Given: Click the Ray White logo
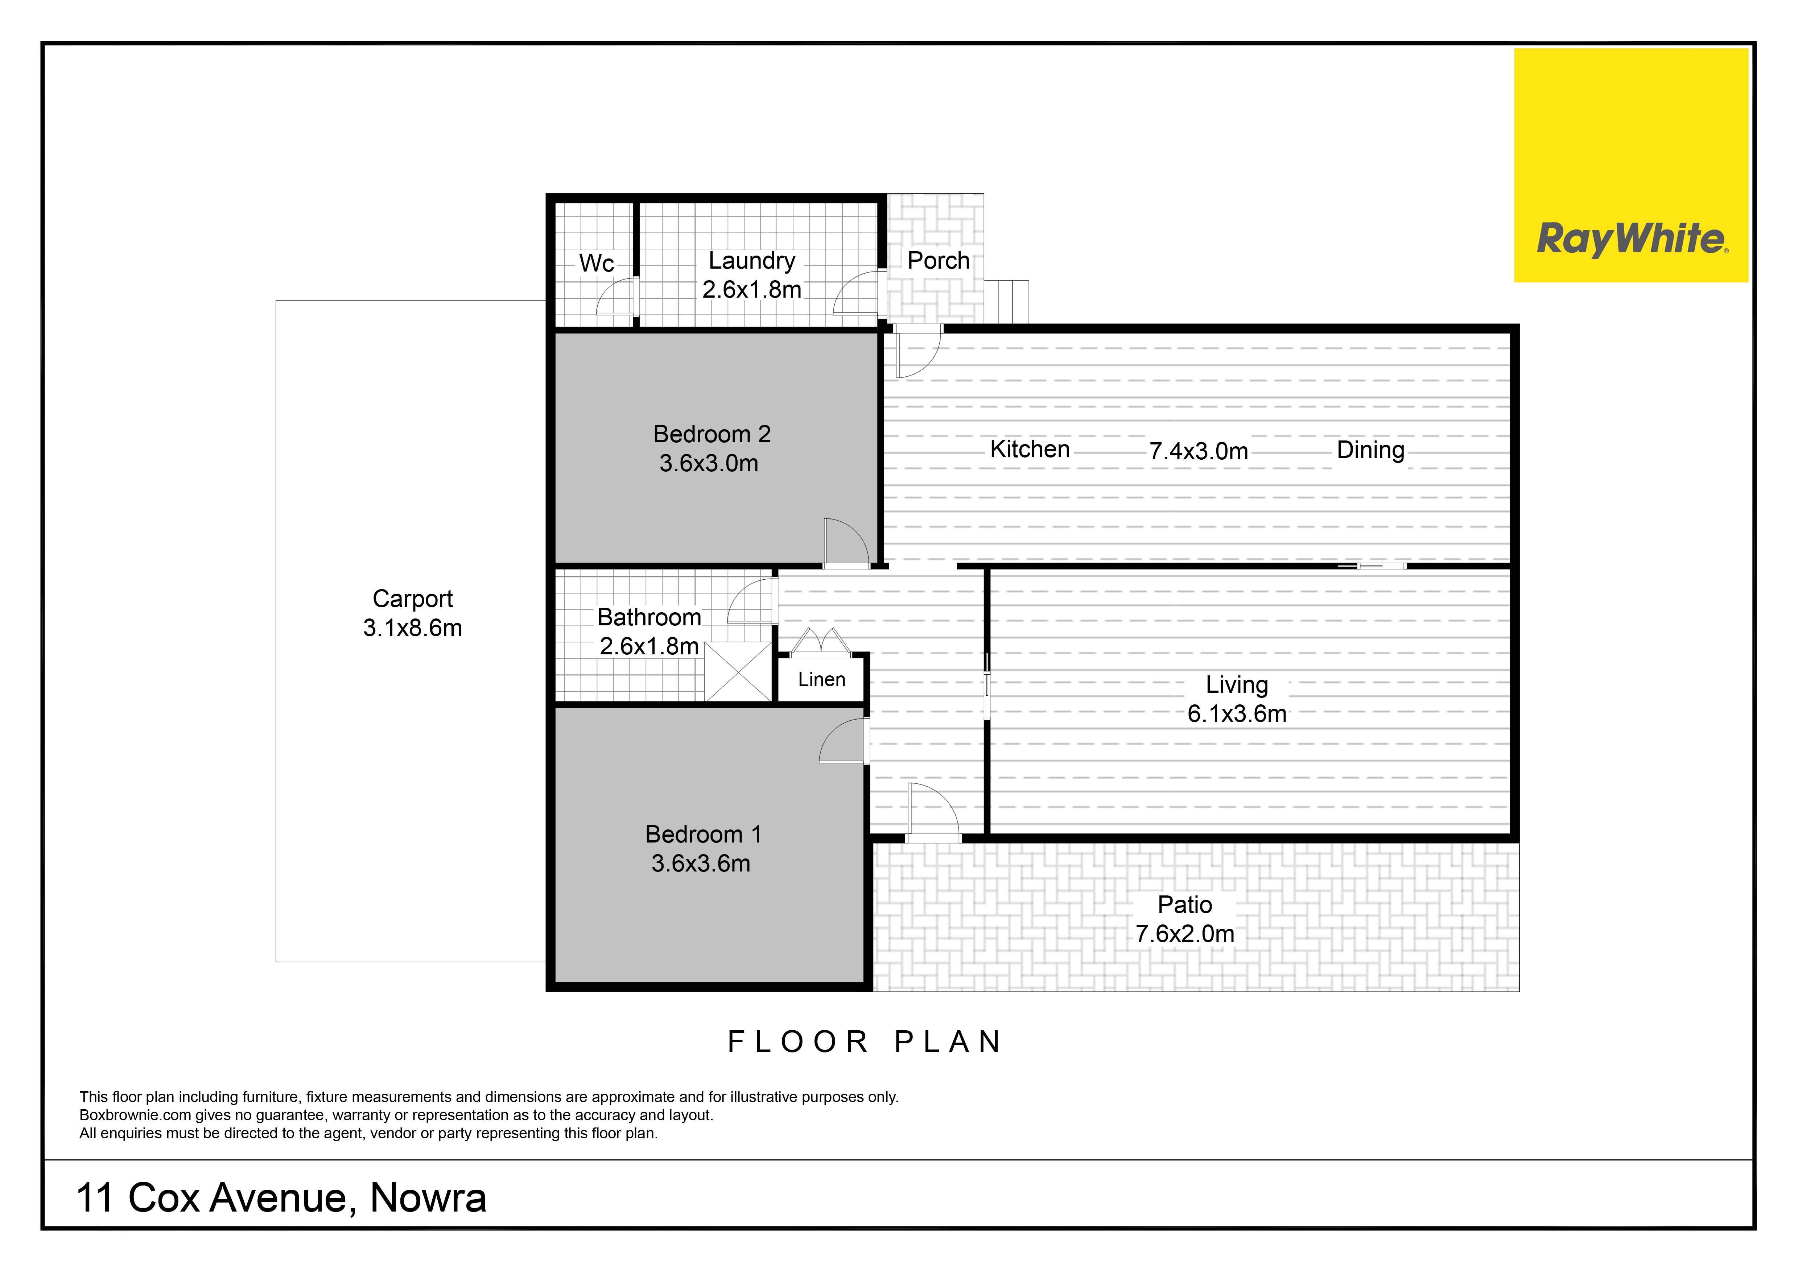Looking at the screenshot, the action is click(x=1631, y=165).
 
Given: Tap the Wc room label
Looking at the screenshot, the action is click(x=597, y=264).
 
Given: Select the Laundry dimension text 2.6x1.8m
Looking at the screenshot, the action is click(x=752, y=290).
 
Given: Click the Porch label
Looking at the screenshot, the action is click(x=938, y=261).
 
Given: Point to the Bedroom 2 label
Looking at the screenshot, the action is click(x=712, y=434).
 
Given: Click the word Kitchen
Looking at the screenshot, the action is click(x=1030, y=449).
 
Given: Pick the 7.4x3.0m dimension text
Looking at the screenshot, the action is click(x=1198, y=452).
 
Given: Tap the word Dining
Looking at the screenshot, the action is click(x=1370, y=450).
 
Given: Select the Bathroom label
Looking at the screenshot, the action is click(x=649, y=617).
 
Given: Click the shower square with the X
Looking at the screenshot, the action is click(x=738, y=671).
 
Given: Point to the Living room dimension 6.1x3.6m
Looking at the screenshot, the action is click(x=1237, y=714).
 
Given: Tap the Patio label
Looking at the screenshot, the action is click(x=1185, y=905).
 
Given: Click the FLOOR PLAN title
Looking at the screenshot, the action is click(x=865, y=1042).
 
